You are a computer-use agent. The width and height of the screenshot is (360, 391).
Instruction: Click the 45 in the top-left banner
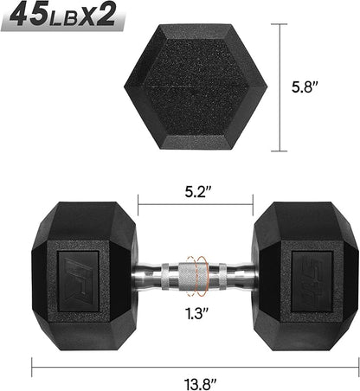coord(30,17)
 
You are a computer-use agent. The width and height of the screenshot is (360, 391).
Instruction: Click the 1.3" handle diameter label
coord(195,313)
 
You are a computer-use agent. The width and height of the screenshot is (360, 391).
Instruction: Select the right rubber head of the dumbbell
coord(305,279)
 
